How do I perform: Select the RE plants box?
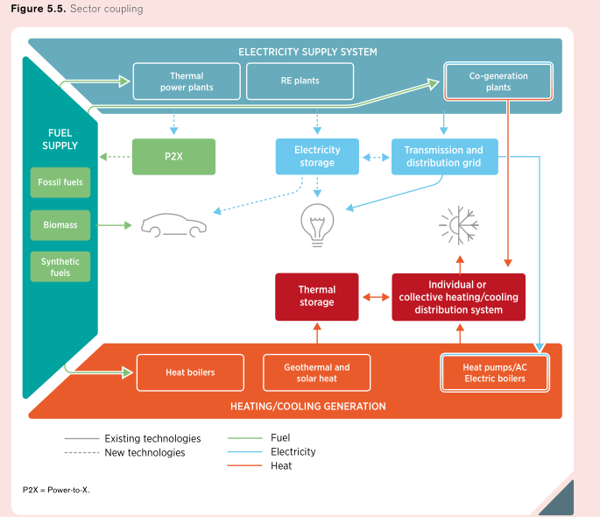pyautogui.click(x=300, y=81)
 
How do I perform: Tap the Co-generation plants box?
pyautogui.click(x=498, y=81)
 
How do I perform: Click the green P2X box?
pyautogui.click(x=173, y=156)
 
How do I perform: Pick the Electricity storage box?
pyautogui.click(x=316, y=156)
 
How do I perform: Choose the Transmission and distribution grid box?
pyautogui.click(x=443, y=156)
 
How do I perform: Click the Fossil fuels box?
pyautogui.click(x=60, y=182)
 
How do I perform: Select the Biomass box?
pyautogui.click(x=60, y=225)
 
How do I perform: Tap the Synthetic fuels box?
pyautogui.click(x=60, y=266)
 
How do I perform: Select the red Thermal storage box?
pyautogui.click(x=316, y=296)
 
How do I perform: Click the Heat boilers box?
pyautogui.click(x=190, y=372)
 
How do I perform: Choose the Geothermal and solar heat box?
pyautogui.click(x=316, y=372)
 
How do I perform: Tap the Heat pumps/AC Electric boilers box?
pyautogui.click(x=495, y=372)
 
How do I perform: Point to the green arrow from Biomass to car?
pyautogui.click(x=114, y=225)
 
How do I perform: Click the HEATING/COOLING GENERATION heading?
pyautogui.click(x=307, y=407)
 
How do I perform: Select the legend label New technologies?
pyautogui.click(x=145, y=452)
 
